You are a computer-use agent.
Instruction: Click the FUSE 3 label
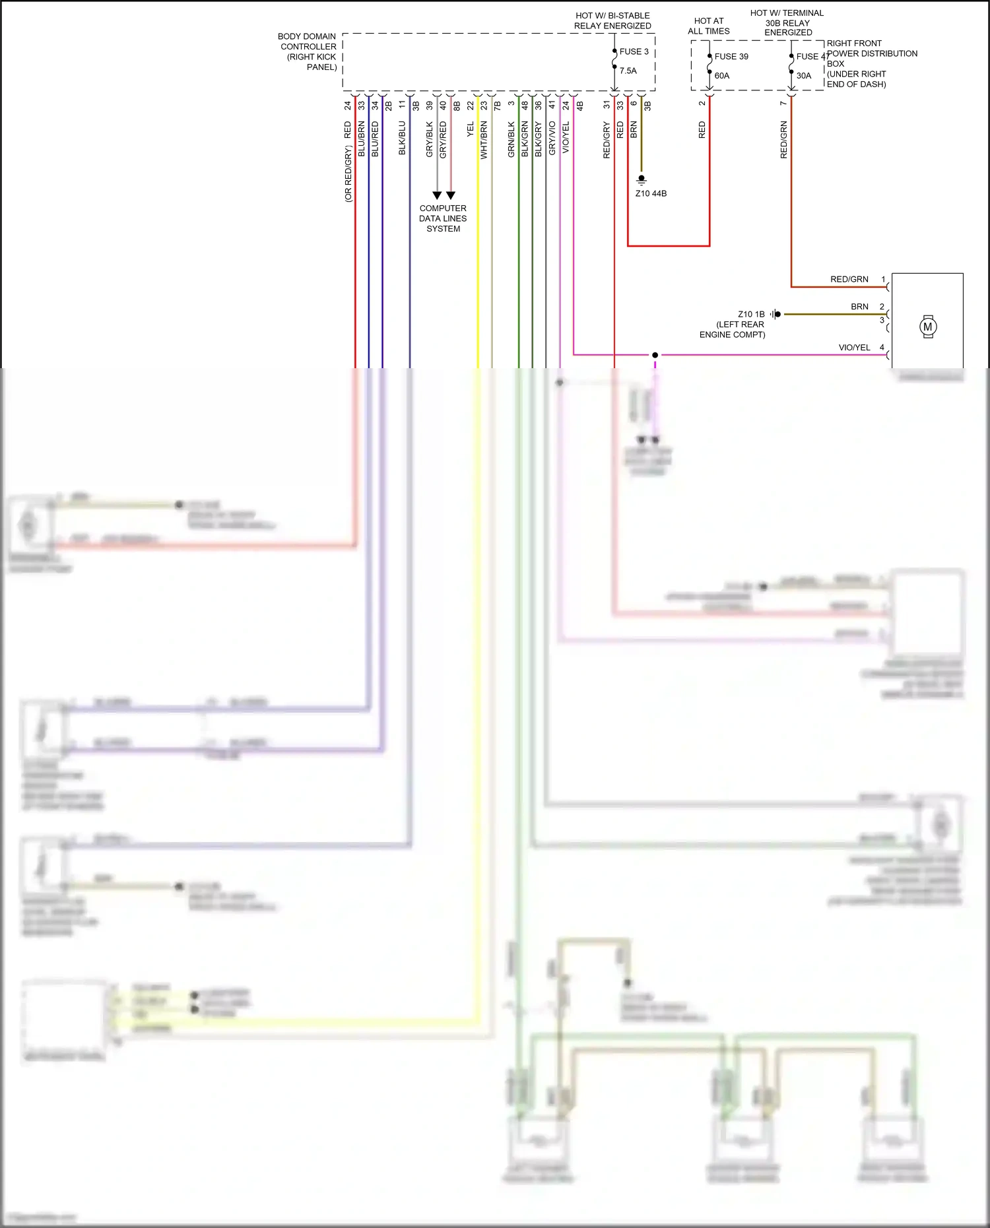[x=634, y=51]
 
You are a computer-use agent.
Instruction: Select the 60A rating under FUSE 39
[x=722, y=76]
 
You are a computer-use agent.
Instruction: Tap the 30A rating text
[x=803, y=76]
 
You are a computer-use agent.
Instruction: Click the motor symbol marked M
[x=928, y=327]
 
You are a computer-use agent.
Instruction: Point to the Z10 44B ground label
[x=651, y=194]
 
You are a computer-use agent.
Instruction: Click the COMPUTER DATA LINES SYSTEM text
[x=443, y=218]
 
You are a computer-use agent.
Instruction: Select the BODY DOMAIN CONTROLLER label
[x=308, y=51]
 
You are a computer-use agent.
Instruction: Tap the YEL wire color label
[x=471, y=130]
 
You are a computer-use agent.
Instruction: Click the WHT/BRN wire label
[x=484, y=140]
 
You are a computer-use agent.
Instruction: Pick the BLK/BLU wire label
[x=402, y=138]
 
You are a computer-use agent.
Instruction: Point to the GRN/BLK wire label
[x=511, y=139]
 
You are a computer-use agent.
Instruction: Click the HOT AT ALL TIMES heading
[x=708, y=26]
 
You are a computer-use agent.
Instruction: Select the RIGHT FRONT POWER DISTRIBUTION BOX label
[x=871, y=63]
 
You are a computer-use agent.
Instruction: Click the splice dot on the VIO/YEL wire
[x=655, y=355]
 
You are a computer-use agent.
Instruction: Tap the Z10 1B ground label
[x=751, y=314]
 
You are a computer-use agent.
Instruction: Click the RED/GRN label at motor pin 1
[x=849, y=279]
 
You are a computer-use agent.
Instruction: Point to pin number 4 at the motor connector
[x=882, y=347]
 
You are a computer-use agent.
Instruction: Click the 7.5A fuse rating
[x=628, y=71]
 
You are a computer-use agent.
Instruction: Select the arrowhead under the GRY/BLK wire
[x=437, y=195]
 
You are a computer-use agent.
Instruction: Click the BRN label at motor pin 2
[x=859, y=307]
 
